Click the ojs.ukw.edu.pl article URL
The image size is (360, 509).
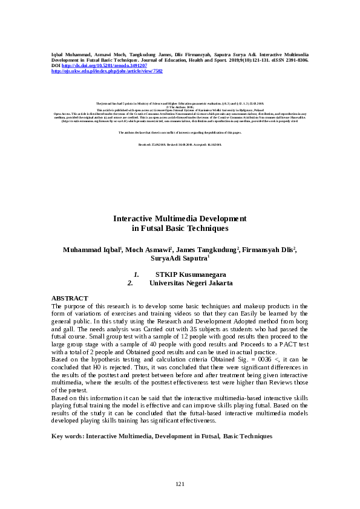106,71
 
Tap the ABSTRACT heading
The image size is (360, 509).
70,299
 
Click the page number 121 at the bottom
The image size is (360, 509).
180,484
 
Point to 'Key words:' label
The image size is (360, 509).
67,435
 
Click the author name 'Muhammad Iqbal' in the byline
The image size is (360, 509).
90,250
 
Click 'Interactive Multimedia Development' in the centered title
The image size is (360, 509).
180,219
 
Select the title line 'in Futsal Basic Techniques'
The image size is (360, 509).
180,229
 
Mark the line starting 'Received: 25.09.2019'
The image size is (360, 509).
180,145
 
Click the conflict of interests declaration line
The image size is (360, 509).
180,132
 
